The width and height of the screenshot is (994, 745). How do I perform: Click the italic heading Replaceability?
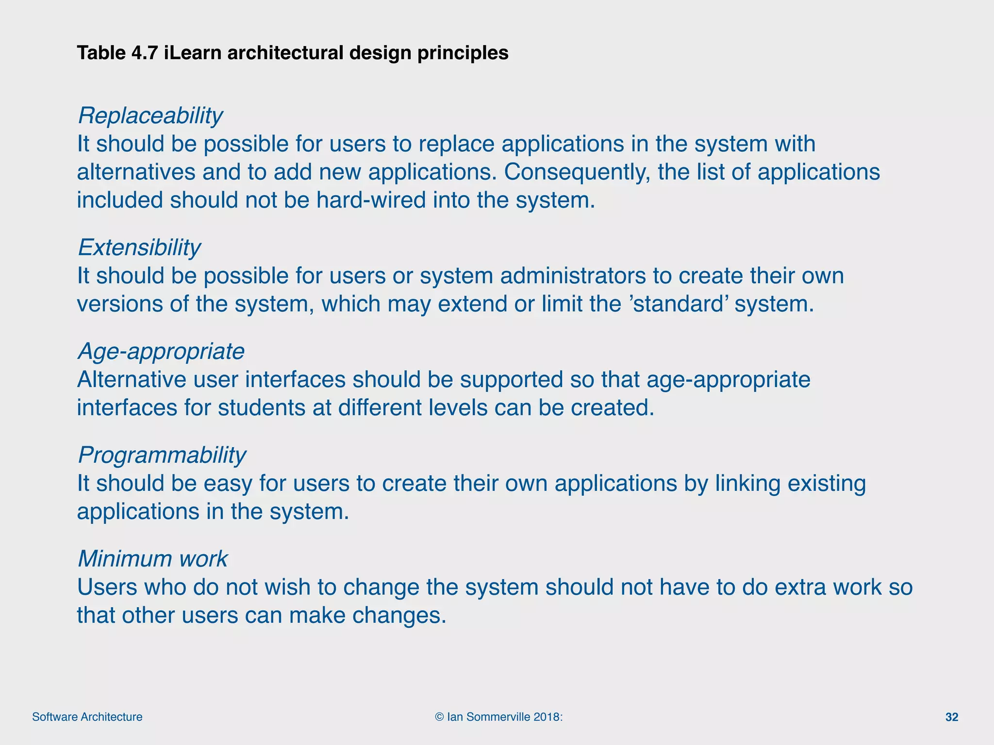click(x=150, y=116)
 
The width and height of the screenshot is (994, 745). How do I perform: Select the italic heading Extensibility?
click(x=139, y=248)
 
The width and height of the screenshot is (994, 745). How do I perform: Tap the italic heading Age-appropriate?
click(x=161, y=352)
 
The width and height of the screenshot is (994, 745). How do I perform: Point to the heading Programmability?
click(x=162, y=455)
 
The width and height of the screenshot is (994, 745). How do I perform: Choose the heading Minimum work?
click(x=152, y=559)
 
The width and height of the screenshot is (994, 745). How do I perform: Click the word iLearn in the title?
click(x=193, y=52)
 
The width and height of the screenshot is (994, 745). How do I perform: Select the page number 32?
click(x=952, y=717)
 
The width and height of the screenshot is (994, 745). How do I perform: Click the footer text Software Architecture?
click(x=87, y=717)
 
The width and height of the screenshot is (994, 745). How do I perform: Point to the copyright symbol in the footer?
click(x=440, y=717)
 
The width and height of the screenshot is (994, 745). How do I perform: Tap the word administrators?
click(x=573, y=276)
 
